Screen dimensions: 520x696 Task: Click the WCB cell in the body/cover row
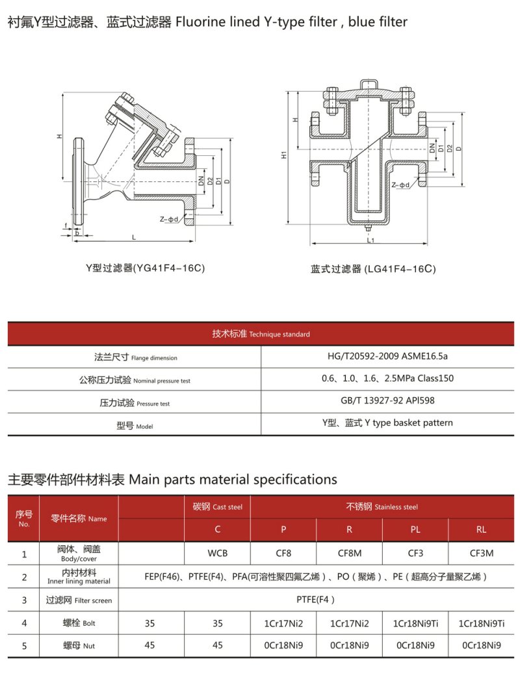(x=217, y=553)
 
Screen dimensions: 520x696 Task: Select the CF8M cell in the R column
(x=350, y=553)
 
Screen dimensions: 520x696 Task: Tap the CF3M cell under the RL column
(x=482, y=553)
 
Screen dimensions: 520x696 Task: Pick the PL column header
(x=415, y=530)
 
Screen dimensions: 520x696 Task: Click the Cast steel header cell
(x=218, y=507)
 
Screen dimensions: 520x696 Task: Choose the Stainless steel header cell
(x=382, y=507)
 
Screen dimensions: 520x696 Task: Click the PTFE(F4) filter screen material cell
(x=316, y=600)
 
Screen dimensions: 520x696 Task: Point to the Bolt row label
(x=79, y=623)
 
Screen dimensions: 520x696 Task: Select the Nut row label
(x=79, y=646)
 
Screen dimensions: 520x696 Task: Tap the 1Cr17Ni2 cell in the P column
(x=283, y=623)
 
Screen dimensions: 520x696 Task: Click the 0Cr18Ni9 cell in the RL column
(x=482, y=645)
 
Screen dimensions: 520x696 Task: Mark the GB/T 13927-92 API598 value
(x=387, y=400)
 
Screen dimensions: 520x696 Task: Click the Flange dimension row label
(x=135, y=357)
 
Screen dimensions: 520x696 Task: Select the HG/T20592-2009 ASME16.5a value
(x=387, y=356)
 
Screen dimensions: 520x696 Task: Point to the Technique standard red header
(x=261, y=334)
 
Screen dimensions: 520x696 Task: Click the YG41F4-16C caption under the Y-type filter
(x=145, y=268)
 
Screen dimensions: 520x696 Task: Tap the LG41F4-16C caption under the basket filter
(x=373, y=269)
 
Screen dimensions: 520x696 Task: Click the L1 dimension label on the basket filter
(x=370, y=240)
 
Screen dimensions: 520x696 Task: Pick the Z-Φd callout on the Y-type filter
(x=168, y=219)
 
